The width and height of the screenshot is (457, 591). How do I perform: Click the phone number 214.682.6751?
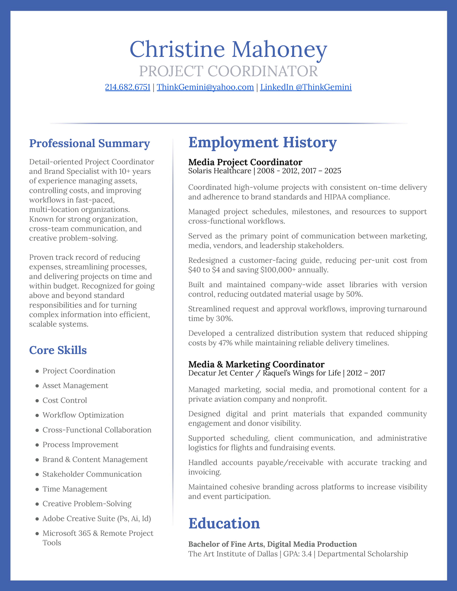[128, 87]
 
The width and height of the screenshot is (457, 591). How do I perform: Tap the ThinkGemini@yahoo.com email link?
[205, 87]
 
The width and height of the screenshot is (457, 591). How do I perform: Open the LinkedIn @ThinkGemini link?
[306, 87]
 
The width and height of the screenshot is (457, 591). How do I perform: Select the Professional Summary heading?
[89, 143]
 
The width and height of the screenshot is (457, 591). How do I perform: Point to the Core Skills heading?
[58, 350]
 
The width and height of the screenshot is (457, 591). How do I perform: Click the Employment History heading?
[262, 142]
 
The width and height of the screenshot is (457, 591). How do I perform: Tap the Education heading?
[224, 523]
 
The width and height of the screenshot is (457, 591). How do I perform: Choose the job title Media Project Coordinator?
[245, 162]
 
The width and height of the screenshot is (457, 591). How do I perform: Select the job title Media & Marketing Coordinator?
[256, 364]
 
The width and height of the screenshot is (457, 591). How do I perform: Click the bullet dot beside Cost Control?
[37, 401]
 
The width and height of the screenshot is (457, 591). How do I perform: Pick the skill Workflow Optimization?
[83, 415]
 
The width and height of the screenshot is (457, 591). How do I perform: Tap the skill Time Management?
[75, 489]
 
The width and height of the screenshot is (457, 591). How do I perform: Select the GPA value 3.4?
[307, 554]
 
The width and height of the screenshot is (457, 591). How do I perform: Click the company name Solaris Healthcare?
[220, 171]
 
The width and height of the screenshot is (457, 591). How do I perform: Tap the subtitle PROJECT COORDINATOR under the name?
[228, 71]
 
